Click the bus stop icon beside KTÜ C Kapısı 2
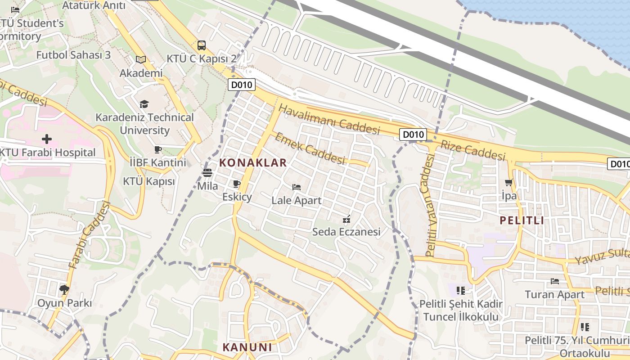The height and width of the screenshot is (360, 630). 201,45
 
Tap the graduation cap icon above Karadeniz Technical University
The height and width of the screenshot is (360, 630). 144,104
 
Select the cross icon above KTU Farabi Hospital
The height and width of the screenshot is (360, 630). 46,139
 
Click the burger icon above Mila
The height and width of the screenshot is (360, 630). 207,172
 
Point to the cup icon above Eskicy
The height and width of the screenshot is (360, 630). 237,184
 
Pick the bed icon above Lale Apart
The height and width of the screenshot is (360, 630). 296,187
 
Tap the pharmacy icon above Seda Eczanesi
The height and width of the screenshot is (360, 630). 346,219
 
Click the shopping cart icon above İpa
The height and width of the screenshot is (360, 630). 509,182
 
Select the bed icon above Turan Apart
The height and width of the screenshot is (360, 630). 554,281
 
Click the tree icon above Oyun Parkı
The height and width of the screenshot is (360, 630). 64,289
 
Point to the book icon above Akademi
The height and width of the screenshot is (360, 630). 141,59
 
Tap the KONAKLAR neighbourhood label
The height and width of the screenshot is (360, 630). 253,163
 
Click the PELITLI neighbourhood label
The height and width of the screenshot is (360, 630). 522,220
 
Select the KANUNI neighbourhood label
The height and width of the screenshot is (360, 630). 247,347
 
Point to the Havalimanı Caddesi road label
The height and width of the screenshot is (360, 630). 329,119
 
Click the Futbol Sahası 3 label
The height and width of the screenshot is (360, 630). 73,55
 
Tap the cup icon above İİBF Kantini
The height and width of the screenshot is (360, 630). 157,149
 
